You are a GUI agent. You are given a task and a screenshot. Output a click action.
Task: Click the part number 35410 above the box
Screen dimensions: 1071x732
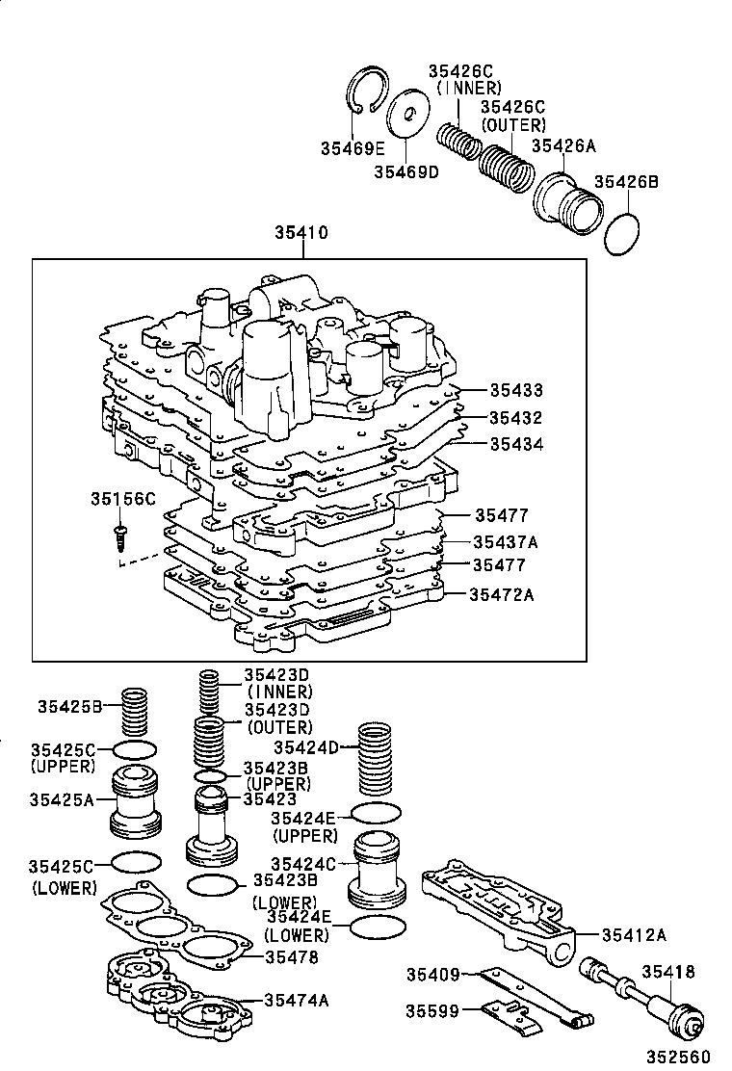click(x=301, y=232)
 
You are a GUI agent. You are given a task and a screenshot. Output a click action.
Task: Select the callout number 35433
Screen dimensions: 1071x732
click(x=515, y=390)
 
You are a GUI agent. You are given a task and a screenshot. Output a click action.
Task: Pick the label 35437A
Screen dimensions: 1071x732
click(x=505, y=542)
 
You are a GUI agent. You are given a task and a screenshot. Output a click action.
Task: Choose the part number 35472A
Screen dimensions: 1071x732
click(x=502, y=594)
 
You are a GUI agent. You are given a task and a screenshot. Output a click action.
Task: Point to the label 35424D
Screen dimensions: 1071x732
click(x=306, y=746)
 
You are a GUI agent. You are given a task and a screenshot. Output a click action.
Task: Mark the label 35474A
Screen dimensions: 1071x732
click(x=297, y=1001)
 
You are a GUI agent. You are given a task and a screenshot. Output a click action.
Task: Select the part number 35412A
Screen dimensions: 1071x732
click(x=634, y=933)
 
